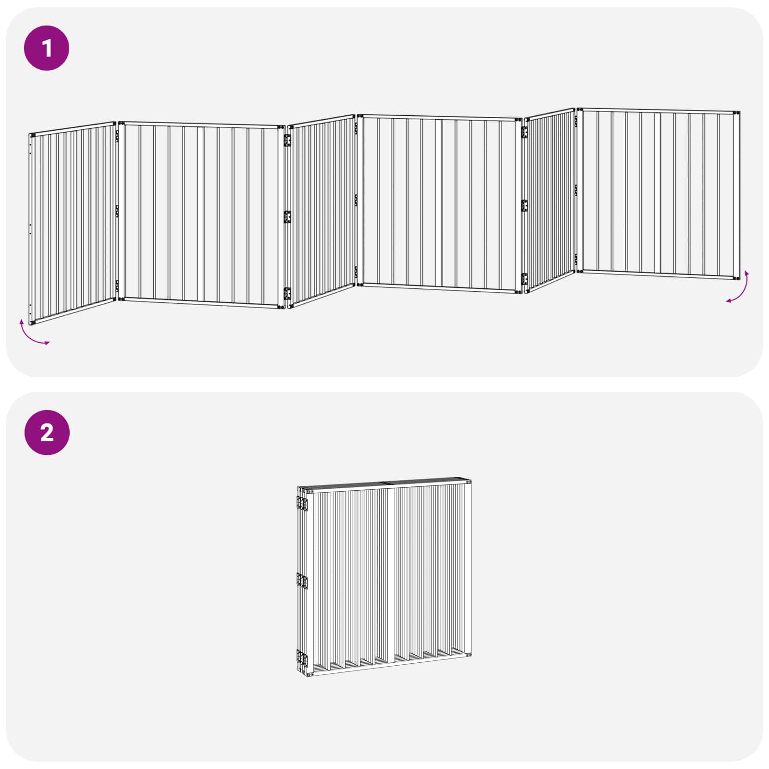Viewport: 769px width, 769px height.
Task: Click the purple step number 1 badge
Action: pyautogui.click(x=47, y=48)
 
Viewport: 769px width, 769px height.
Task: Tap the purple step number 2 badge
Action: pyautogui.click(x=47, y=433)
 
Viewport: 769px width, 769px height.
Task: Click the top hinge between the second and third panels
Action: pyautogui.click(x=287, y=140)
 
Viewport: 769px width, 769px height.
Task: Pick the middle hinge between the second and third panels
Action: pyautogui.click(x=287, y=217)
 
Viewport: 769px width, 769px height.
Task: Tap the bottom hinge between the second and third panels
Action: pyautogui.click(x=287, y=294)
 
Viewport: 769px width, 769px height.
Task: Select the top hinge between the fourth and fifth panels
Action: pyautogui.click(x=524, y=133)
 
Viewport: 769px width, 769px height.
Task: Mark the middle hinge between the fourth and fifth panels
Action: pyautogui.click(x=524, y=205)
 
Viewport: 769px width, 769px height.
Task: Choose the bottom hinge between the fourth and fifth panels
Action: pyautogui.click(x=524, y=279)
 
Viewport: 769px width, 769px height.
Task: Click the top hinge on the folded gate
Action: pyautogui.click(x=302, y=503)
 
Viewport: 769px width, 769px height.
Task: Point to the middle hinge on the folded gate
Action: pyautogui.click(x=302, y=581)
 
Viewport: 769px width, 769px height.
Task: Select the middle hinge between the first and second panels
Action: pyautogui.click(x=117, y=211)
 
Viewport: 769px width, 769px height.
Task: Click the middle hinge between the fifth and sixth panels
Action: pyautogui.click(x=575, y=191)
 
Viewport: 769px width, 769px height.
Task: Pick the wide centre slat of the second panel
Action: pyautogui.click(x=200, y=215)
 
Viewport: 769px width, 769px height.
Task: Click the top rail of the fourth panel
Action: pyautogui.click(x=439, y=117)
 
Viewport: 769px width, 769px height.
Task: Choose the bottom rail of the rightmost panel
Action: pyautogui.click(x=658, y=274)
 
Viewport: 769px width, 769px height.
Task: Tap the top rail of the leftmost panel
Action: pyautogui.click(x=72, y=128)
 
